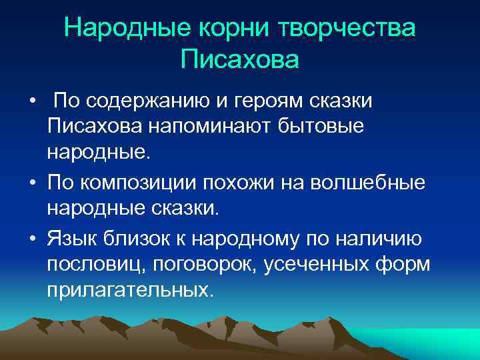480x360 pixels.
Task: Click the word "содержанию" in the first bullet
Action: coord(159,101)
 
